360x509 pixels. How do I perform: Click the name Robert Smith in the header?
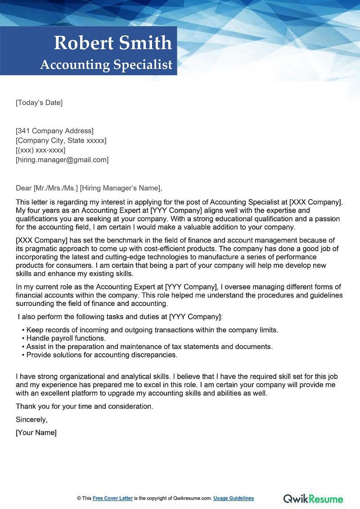point(112,43)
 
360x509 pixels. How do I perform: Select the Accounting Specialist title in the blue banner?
point(106,64)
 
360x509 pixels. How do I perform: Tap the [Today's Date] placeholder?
point(39,103)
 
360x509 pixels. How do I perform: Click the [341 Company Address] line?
point(54,131)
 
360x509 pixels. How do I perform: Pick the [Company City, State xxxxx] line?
point(61,140)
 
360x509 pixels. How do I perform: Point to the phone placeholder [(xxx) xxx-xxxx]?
point(40,150)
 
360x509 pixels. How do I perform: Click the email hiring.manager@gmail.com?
point(62,159)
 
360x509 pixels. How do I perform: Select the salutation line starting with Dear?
point(89,188)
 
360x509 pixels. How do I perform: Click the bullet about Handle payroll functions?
point(66,338)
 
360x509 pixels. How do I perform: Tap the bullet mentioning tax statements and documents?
point(149,347)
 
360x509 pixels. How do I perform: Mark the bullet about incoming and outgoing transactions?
point(152,330)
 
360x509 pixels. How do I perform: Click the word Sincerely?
point(31,419)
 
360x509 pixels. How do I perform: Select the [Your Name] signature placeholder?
point(36,432)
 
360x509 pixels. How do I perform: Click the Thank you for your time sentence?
point(85,406)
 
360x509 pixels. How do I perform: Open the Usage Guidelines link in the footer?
point(234,498)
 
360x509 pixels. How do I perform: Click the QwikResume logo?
point(313,498)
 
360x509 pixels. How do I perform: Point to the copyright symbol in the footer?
point(79,498)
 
